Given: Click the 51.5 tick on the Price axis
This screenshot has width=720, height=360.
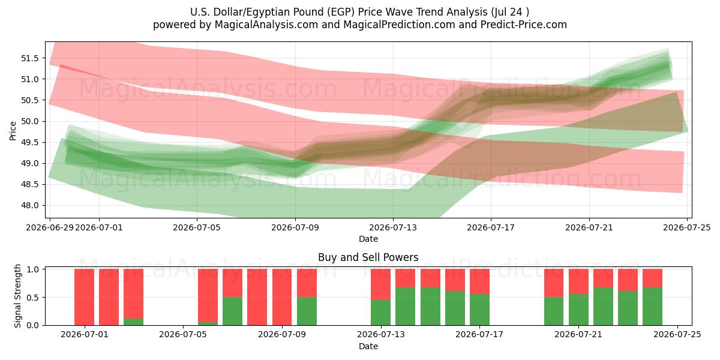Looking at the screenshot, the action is [29, 58].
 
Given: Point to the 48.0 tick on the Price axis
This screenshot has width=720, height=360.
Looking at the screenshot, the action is [29, 205].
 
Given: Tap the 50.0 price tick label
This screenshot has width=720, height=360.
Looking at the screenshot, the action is [29, 121].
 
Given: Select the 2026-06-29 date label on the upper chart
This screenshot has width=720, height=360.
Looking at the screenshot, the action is [49, 227].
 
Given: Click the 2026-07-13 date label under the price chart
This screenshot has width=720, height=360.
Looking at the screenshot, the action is [393, 227].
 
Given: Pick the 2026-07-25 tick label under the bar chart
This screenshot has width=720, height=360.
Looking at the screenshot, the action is [677, 334].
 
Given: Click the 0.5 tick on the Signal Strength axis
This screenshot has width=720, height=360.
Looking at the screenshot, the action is [33, 298].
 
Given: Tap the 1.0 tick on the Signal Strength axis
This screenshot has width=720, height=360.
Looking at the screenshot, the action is [33, 269].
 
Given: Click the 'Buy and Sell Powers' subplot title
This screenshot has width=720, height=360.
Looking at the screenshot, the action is [368, 257].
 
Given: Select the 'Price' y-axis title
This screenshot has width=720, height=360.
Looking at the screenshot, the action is [13, 131].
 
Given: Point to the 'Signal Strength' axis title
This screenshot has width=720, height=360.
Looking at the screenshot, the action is [17, 296].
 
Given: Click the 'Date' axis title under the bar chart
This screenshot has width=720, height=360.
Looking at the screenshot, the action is [368, 346].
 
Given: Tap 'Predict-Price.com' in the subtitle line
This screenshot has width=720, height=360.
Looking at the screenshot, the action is [524, 25].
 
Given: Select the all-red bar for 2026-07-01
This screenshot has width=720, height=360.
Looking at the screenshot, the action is [84, 297].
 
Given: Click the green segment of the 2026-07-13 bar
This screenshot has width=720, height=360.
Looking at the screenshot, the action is [380, 313].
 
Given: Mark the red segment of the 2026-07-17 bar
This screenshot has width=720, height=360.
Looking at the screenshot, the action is [479, 281].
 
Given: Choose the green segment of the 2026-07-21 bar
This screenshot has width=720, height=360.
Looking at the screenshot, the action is [578, 310].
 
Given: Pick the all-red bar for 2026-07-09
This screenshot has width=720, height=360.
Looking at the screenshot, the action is [282, 297].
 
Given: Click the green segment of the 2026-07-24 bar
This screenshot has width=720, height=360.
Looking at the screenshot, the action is [653, 307].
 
